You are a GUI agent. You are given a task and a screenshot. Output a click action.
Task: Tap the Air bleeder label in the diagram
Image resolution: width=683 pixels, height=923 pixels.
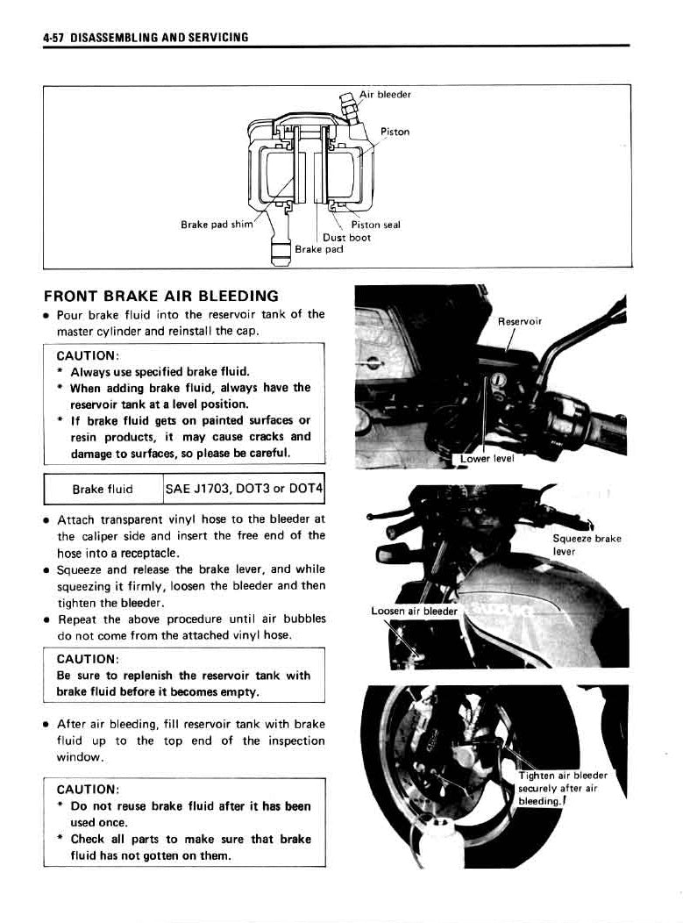(x=386, y=94)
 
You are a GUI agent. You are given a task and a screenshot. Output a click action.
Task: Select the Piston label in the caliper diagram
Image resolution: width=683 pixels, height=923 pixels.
(x=395, y=132)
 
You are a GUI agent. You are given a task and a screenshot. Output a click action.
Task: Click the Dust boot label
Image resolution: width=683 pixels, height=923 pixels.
(x=346, y=237)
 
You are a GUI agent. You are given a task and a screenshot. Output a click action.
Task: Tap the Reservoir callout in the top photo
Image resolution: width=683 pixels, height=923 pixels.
(x=520, y=322)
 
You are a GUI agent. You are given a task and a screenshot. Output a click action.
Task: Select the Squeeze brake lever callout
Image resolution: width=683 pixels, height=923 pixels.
(x=587, y=545)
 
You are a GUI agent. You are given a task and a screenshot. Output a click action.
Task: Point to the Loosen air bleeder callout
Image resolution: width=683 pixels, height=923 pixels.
(x=415, y=611)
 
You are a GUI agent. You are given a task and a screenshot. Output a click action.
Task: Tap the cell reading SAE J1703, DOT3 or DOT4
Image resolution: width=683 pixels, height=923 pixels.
(x=245, y=489)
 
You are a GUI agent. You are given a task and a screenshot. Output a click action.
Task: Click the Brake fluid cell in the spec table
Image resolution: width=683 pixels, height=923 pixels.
(x=103, y=490)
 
